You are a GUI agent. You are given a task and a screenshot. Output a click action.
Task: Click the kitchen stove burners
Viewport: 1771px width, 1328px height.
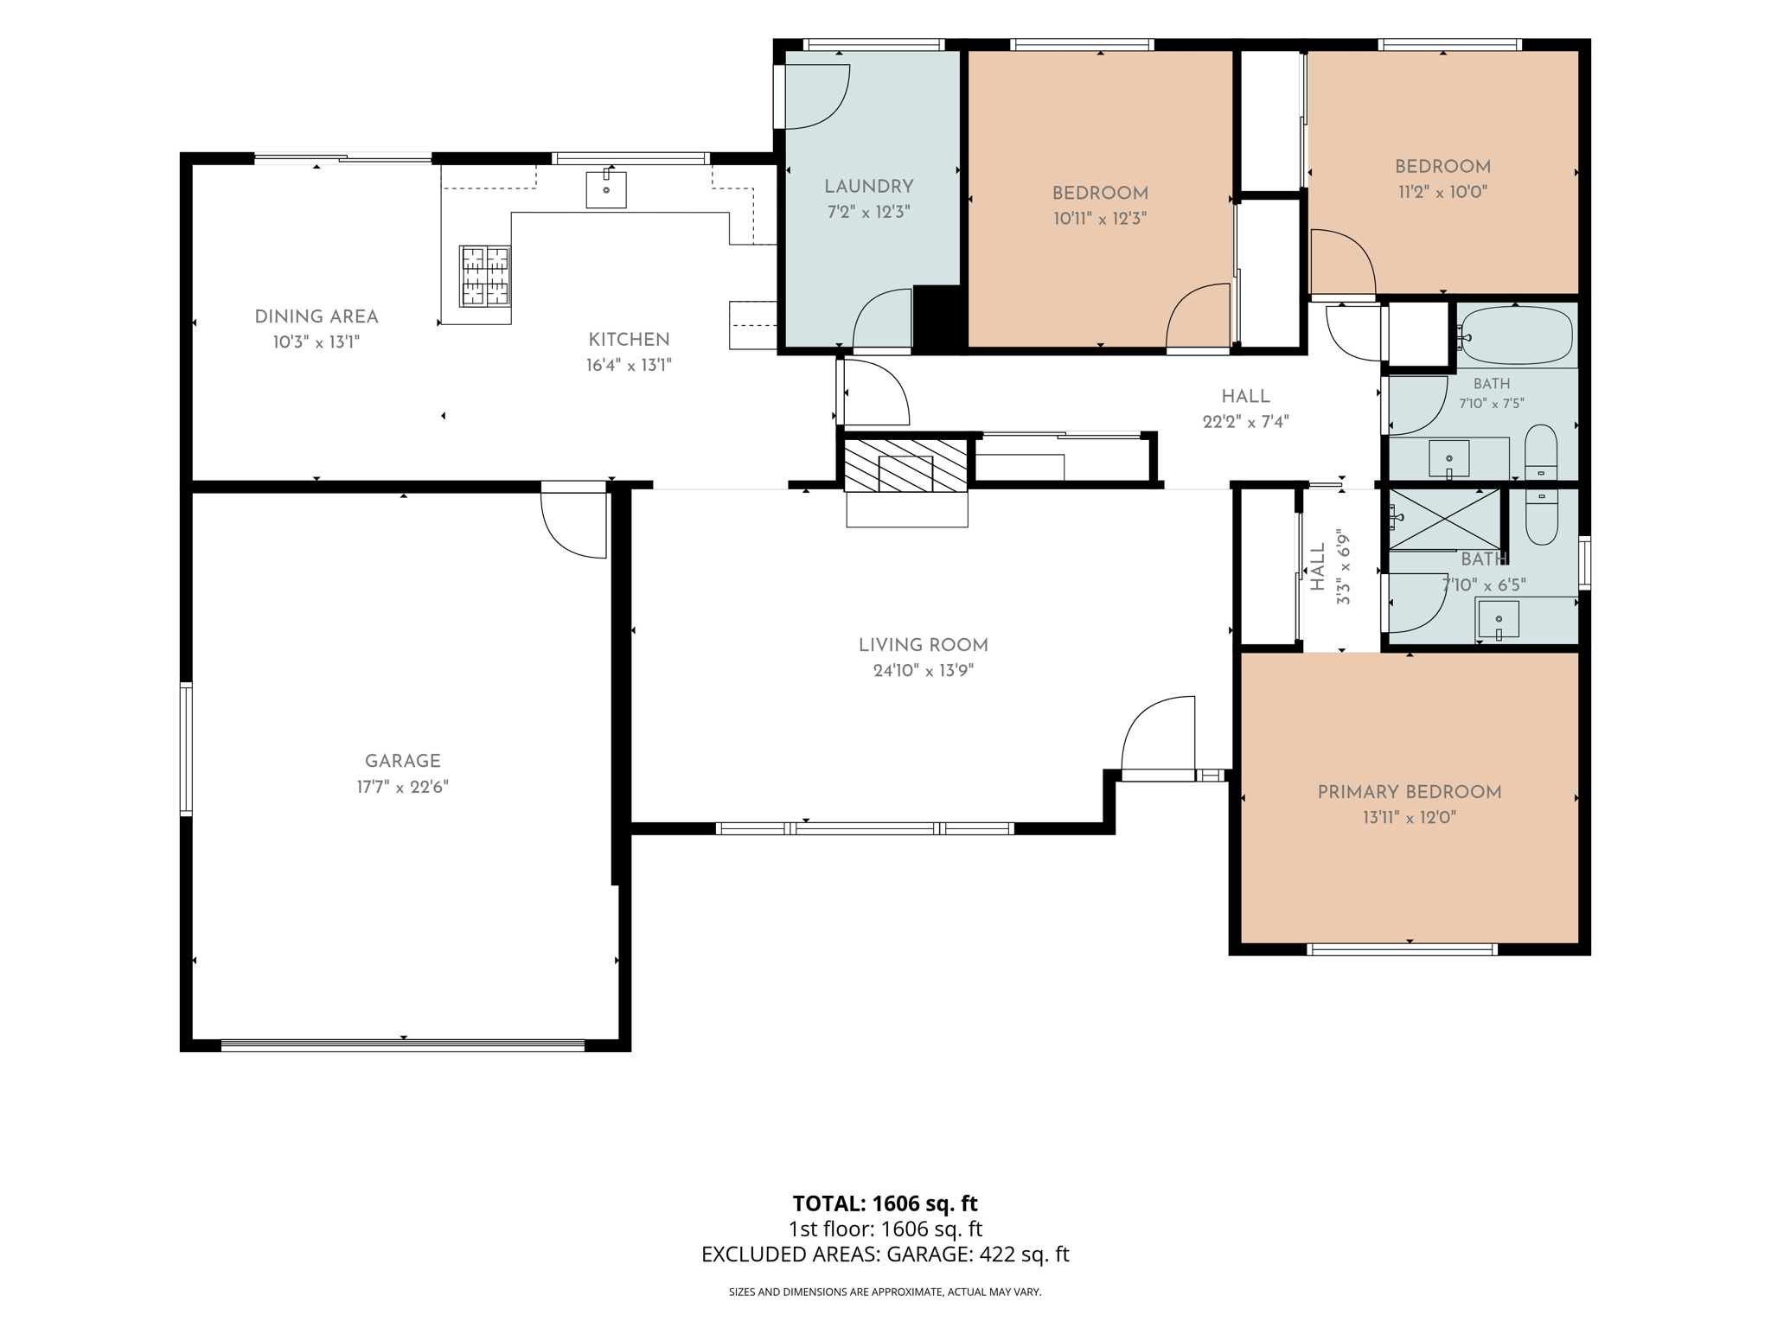(x=484, y=276)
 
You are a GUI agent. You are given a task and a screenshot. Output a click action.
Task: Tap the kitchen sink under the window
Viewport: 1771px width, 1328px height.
(x=606, y=188)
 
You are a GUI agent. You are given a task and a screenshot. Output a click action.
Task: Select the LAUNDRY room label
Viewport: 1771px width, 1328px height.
(x=868, y=186)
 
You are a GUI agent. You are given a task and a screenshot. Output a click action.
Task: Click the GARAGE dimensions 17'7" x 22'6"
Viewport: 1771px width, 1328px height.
(x=403, y=787)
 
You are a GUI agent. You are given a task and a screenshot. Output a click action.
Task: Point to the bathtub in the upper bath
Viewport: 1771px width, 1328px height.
(x=1516, y=335)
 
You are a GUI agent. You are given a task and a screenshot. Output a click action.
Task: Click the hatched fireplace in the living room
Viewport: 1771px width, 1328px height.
(x=905, y=466)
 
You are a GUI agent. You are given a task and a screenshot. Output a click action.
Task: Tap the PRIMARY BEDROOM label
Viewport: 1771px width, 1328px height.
(x=1410, y=792)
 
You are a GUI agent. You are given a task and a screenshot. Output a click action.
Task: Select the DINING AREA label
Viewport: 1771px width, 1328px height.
(x=316, y=316)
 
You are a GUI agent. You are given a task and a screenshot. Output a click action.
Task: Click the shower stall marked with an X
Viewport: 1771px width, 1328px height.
(x=1444, y=520)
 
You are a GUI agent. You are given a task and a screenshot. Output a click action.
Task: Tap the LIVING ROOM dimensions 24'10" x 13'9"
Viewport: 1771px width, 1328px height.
(x=924, y=670)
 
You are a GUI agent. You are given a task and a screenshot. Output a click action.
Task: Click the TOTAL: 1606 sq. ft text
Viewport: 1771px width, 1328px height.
(x=885, y=1203)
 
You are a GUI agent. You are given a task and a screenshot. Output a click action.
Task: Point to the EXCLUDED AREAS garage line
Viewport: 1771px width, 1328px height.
(x=885, y=1254)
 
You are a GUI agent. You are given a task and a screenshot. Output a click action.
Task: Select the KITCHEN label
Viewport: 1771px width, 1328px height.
(x=629, y=340)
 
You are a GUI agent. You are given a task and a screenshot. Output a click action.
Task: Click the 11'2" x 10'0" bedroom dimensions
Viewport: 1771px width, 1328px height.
(x=1442, y=192)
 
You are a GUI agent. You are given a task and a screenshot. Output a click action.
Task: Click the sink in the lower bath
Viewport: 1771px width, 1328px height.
(x=1499, y=620)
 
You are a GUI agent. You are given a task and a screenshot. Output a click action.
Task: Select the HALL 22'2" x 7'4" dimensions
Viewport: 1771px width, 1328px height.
(x=1245, y=422)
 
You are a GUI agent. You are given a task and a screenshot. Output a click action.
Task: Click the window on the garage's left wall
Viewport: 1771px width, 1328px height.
(x=186, y=749)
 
